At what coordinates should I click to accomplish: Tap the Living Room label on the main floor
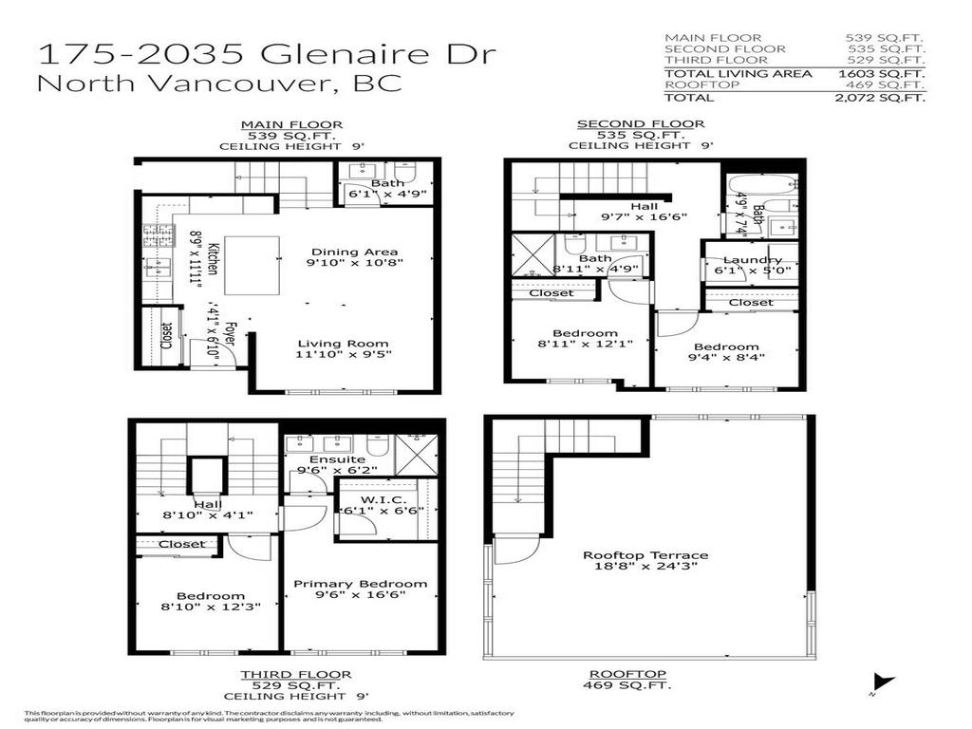click(343, 344)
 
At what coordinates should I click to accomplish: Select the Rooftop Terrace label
click(645, 555)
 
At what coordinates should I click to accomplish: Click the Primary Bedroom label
click(360, 584)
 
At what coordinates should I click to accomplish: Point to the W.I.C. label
click(383, 499)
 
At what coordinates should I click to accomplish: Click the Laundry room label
click(752, 260)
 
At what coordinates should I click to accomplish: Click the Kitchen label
click(215, 258)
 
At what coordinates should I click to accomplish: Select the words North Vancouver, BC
click(219, 83)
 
